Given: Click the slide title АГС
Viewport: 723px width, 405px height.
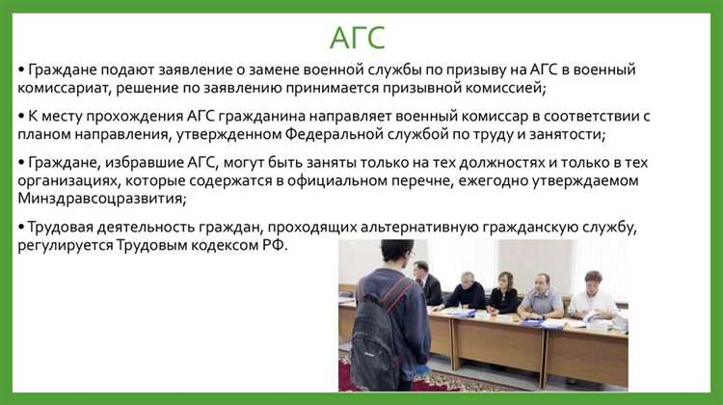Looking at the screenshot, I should (358, 37).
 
